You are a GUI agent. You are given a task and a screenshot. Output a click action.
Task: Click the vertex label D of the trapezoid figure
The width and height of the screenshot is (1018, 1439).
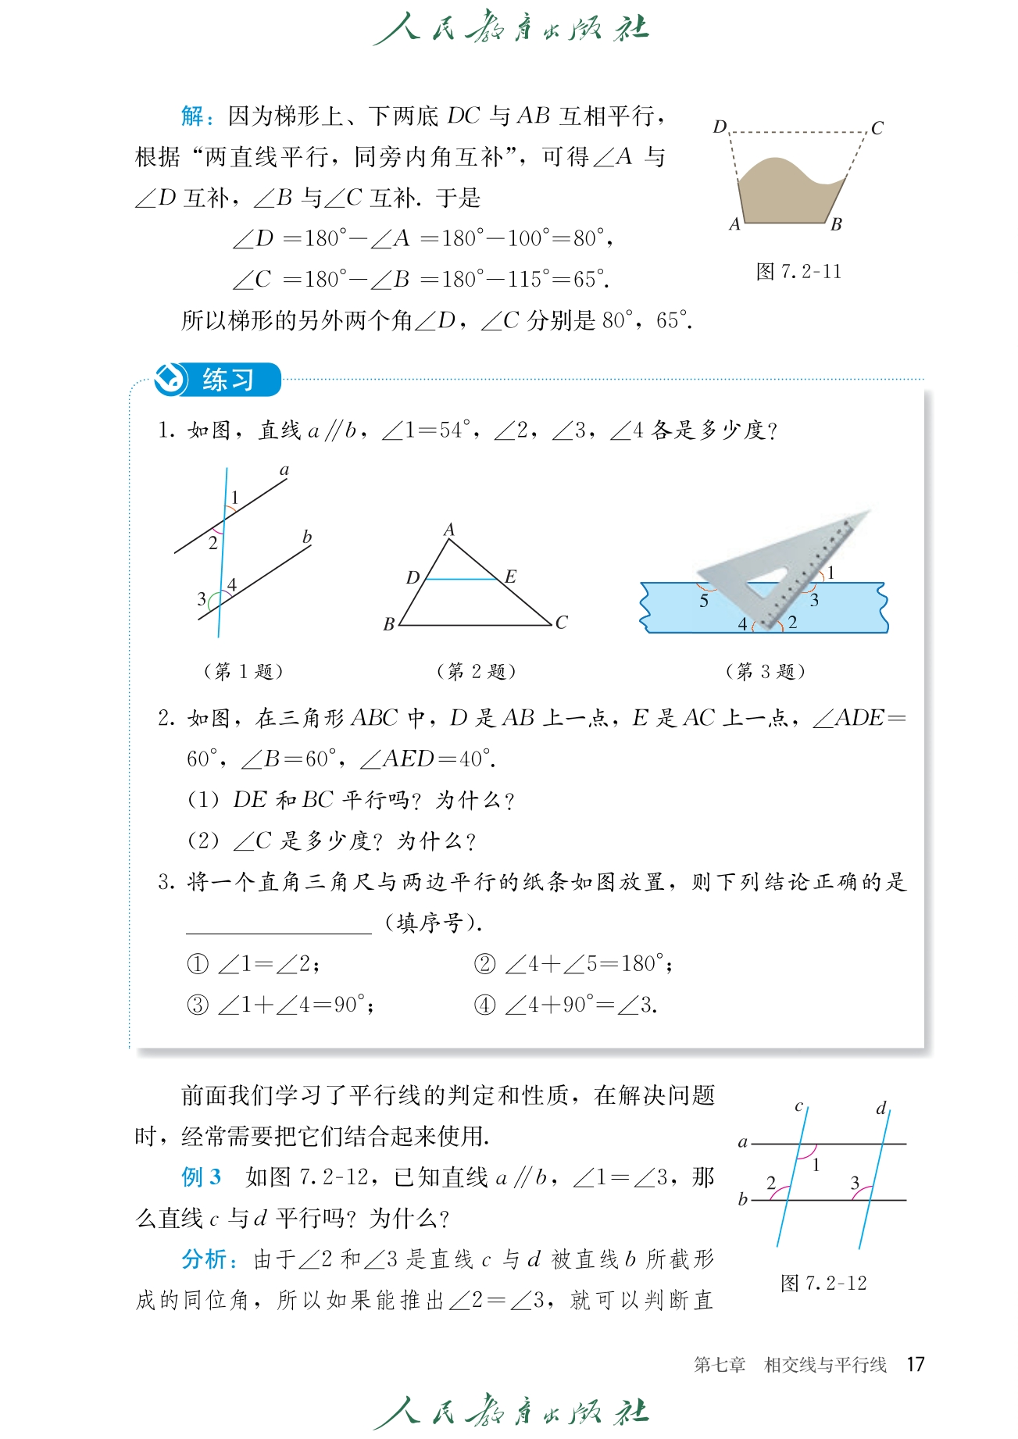point(720,127)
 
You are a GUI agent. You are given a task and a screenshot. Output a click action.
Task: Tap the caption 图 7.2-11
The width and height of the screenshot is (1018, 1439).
point(798,272)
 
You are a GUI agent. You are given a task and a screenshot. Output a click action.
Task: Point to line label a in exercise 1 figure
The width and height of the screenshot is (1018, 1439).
point(284,470)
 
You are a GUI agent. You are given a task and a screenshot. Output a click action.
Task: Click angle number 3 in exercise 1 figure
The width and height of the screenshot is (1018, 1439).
point(202,599)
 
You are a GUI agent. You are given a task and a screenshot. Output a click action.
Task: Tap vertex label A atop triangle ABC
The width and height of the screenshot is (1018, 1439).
point(449,530)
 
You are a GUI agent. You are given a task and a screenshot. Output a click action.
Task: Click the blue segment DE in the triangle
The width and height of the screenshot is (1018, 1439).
point(461,579)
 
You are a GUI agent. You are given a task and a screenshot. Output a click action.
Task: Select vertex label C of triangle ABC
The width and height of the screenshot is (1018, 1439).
point(561,623)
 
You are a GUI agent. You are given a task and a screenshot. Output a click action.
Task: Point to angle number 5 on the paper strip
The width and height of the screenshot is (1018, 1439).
point(704,601)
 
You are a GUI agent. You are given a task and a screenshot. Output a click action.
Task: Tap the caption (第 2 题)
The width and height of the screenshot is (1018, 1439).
point(476,671)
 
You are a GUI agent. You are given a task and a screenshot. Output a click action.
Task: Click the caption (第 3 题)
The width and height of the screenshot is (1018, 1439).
point(765,671)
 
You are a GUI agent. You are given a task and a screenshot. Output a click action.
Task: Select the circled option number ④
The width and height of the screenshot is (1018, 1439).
point(485,1005)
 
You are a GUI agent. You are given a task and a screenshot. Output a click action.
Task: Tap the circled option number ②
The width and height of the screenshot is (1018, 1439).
point(485,964)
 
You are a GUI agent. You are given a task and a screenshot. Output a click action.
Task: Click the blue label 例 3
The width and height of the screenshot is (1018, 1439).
point(202,1177)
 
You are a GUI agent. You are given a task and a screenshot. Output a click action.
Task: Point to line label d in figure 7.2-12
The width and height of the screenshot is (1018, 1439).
point(881,1108)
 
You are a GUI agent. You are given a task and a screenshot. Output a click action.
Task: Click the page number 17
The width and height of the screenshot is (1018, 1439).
point(916,1365)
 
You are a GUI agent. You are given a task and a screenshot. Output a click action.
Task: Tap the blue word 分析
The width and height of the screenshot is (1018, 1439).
point(205,1259)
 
